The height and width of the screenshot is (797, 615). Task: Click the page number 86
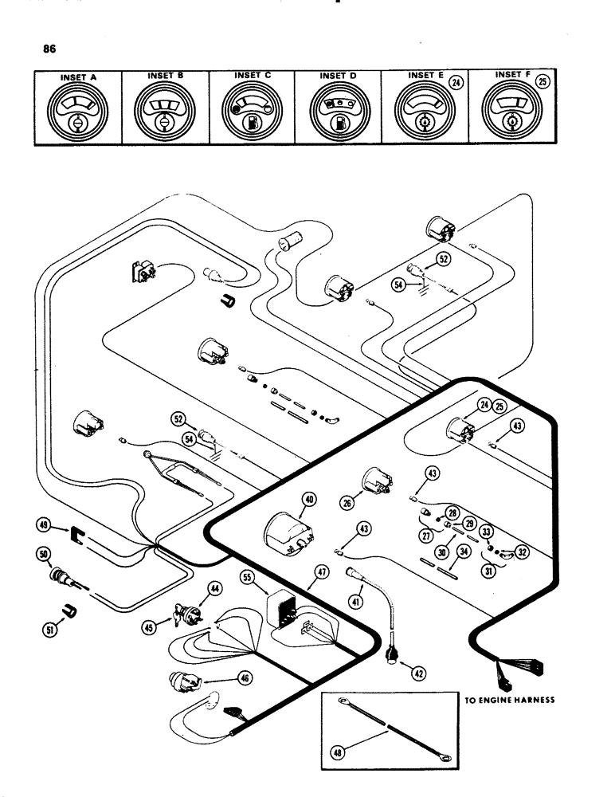coord(54,49)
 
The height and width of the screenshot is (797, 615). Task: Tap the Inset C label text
coord(253,75)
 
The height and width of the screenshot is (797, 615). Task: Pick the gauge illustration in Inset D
coord(337,111)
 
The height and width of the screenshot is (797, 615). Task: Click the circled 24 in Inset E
coord(456,80)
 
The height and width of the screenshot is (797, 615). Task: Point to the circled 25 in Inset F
coord(543,80)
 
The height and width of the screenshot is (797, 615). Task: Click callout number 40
coord(309,500)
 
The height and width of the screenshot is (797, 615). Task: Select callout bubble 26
coord(347,503)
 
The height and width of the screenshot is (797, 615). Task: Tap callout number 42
coord(418,673)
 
